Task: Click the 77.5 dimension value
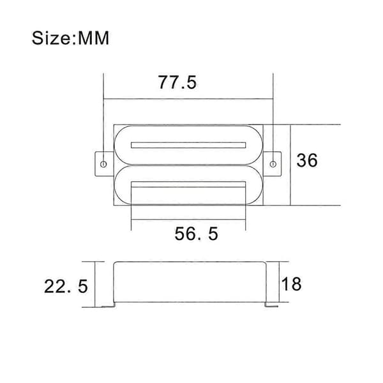click(x=177, y=82)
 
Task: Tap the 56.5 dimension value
click(x=196, y=234)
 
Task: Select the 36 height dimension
click(x=307, y=160)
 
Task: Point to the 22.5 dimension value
click(x=66, y=286)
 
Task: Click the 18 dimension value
click(x=292, y=283)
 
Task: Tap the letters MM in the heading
click(x=94, y=38)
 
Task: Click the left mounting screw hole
click(x=103, y=164)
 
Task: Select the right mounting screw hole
click(x=273, y=164)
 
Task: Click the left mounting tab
click(x=104, y=163)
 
